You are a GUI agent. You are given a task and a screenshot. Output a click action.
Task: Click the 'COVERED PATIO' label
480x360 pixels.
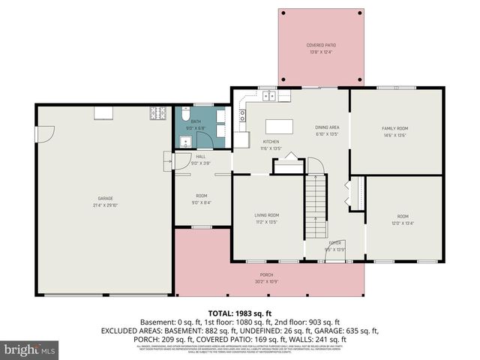pos(321,46)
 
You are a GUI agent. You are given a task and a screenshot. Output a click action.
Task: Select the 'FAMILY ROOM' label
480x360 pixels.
pos(394,128)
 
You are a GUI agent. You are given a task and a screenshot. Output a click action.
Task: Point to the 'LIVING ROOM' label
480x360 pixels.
pos(268,216)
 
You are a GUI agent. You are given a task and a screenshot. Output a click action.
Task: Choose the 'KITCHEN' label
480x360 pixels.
pos(270,142)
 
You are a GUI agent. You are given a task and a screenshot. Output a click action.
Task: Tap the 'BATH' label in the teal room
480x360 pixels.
pos(196,121)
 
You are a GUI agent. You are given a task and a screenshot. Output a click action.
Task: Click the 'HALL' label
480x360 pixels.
pos(200,157)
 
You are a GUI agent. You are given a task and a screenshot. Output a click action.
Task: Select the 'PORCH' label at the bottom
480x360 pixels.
pos(267,275)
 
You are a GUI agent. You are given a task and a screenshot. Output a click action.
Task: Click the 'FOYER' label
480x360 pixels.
pos(334,243)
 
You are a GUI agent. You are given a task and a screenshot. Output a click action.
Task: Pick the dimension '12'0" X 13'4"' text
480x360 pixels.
pos(402,222)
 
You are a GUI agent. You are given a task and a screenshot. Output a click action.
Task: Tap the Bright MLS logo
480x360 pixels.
pos(30,349)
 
